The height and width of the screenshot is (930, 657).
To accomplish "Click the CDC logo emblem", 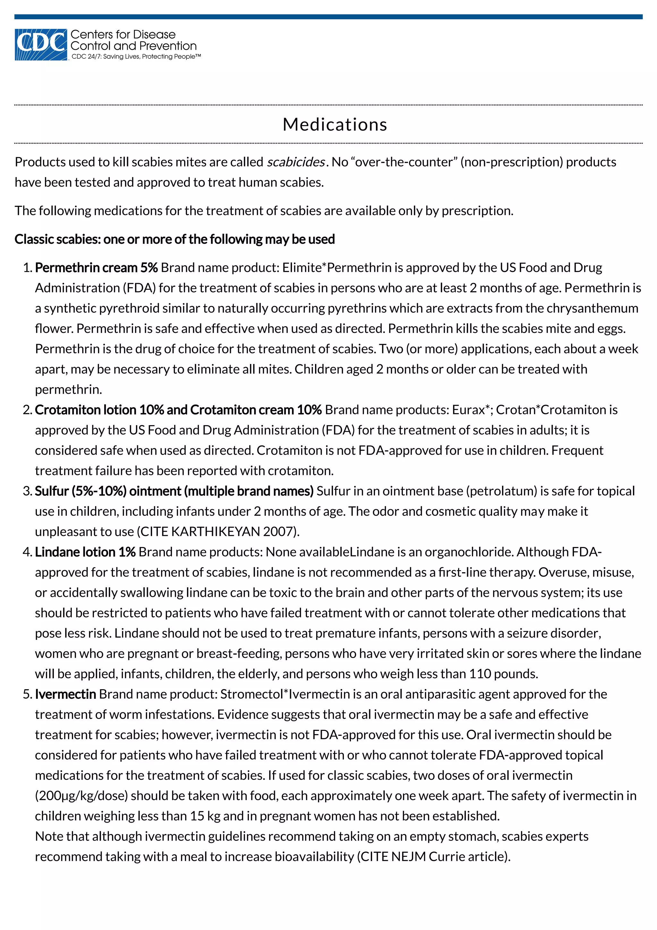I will [x=40, y=45].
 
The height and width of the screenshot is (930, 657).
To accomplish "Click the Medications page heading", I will [x=335, y=124].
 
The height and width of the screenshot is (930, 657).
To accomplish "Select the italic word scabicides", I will [x=295, y=162].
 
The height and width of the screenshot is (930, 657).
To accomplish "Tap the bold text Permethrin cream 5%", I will [x=96, y=268].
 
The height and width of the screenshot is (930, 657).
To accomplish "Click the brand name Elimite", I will [x=302, y=268].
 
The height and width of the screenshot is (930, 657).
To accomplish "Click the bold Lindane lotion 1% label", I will [x=85, y=552].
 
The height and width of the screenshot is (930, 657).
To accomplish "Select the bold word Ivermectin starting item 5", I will [x=65, y=694].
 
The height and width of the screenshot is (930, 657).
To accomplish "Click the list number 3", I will [x=27, y=491].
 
